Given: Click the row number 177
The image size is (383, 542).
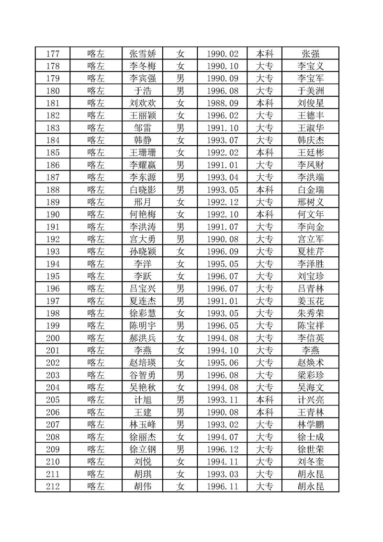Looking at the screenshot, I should point(52,54).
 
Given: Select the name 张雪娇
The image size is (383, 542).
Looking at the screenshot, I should point(146,54).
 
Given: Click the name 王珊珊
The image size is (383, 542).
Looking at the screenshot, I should point(146,152).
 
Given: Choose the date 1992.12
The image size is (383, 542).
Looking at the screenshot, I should point(223,202).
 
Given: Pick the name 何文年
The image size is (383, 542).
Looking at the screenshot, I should point(310,214).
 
